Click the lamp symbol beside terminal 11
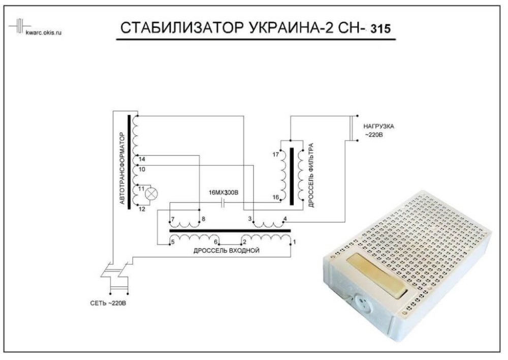[x=151, y=193]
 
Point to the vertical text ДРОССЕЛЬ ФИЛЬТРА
[x=311, y=175]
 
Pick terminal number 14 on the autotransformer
[x=142, y=160]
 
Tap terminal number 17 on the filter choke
[x=276, y=154]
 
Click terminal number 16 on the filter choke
[x=276, y=197]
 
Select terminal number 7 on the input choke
[x=173, y=219]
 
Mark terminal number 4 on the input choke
[x=284, y=219]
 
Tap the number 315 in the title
[x=380, y=29]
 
